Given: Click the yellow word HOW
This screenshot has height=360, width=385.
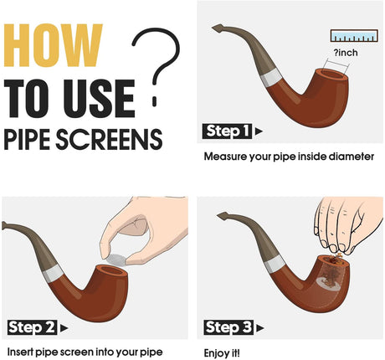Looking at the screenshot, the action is pyautogui.click(x=53, y=45).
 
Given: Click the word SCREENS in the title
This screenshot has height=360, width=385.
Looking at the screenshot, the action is pyautogui.click(x=109, y=140).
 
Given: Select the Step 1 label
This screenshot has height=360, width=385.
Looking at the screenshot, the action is pyautogui.click(x=227, y=131).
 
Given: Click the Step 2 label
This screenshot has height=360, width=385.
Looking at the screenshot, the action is pyautogui.click(x=32, y=327).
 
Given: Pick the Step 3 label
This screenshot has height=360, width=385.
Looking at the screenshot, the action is pyautogui.click(x=228, y=327).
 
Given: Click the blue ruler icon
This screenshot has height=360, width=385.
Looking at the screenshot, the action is pyautogui.click(x=354, y=36).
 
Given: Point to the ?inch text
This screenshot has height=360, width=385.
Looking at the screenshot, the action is pyautogui.click(x=346, y=53).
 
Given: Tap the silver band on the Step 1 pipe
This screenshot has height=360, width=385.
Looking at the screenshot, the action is pyautogui.click(x=270, y=77).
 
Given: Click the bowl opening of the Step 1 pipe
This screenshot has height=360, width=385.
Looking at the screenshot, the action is pyautogui.click(x=332, y=75).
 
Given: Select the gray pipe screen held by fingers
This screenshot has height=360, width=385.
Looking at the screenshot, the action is pyautogui.click(x=116, y=260).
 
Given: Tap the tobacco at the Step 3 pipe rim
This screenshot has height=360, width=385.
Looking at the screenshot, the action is pyautogui.click(x=335, y=259).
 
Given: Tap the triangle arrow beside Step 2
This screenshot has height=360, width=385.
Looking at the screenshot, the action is pyautogui.click(x=64, y=328).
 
